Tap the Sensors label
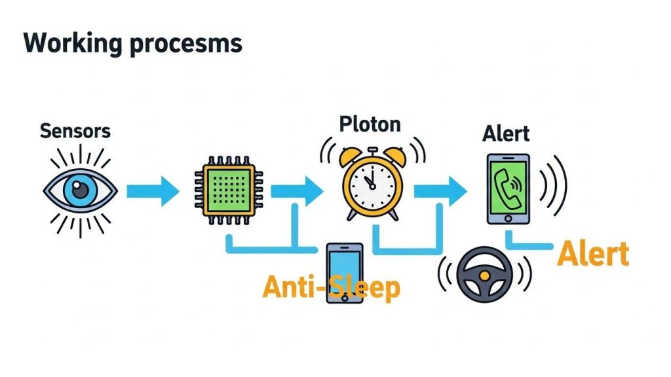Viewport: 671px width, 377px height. tap(75, 131)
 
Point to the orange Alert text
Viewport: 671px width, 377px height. tap(592, 254)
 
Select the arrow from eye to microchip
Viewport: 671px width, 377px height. tap(151, 191)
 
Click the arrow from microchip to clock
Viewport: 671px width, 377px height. tap(298, 191)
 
